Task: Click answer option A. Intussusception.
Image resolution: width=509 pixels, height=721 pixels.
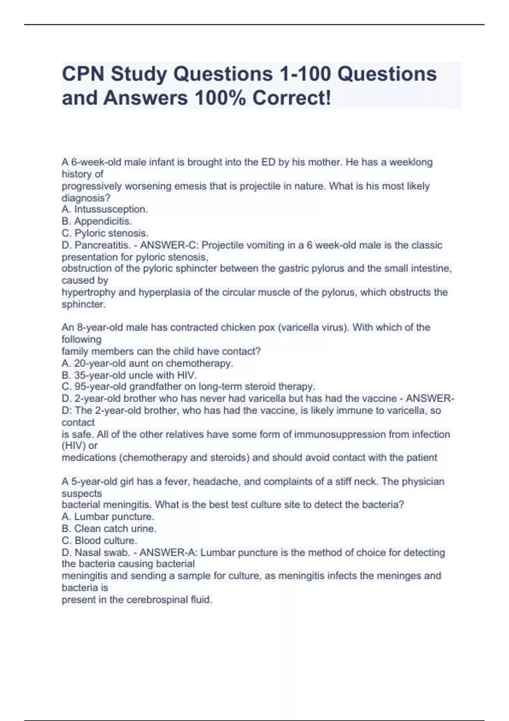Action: point(105,209)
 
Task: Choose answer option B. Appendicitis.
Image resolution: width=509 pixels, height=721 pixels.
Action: point(97,221)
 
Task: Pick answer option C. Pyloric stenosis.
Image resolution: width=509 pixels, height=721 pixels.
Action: point(105,233)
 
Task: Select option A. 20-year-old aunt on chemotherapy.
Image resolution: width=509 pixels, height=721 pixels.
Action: point(147,363)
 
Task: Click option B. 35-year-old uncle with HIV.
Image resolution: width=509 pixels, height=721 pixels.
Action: point(129,375)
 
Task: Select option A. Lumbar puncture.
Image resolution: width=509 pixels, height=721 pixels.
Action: point(108,517)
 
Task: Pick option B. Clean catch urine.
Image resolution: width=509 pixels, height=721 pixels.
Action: point(109,528)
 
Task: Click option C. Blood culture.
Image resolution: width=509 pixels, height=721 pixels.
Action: point(99,540)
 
